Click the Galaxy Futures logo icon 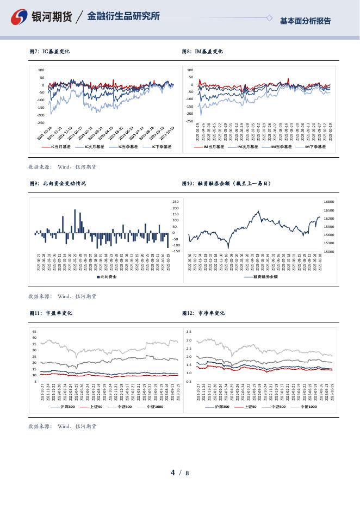[20, 17]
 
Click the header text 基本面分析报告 [305, 21]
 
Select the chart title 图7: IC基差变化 [49, 52]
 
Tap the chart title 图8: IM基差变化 [202, 52]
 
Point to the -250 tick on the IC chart [41, 123]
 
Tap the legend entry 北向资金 [109, 277]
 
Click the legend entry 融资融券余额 [265, 277]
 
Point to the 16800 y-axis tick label [328, 202]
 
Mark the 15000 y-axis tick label [328, 252]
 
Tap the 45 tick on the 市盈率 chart [34, 331]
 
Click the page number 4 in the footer [173, 473]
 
